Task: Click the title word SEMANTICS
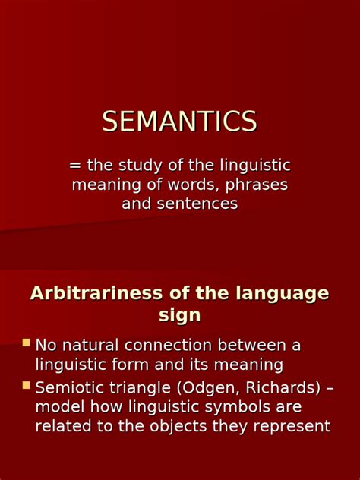coord(180,122)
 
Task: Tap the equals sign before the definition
coord(75,166)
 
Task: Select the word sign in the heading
coord(179,315)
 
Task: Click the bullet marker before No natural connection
coord(27,343)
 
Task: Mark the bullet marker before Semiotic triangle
coord(27,386)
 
